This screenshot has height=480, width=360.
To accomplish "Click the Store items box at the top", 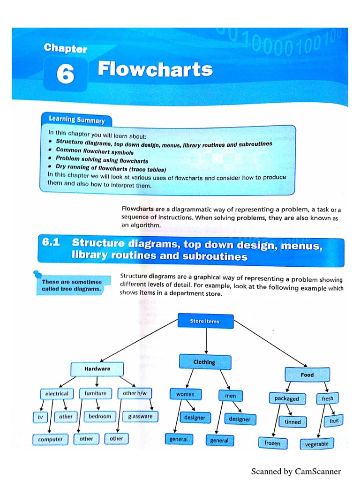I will pos(205,321).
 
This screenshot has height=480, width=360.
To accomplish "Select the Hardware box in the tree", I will pos(97,369).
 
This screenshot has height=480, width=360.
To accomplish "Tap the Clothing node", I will pos(205,362).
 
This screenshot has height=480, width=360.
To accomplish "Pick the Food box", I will pos(307,375).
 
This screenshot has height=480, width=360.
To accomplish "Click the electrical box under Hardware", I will pos(57,393).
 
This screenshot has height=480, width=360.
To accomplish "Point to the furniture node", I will pos(96,393).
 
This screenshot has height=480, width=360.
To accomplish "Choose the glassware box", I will pos(140,416).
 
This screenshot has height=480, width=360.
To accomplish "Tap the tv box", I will pos(40,416).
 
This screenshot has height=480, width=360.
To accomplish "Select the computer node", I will pos(50,439).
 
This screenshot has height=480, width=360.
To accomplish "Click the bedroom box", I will pos(100,416).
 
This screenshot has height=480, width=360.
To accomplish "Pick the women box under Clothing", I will pos(185,394).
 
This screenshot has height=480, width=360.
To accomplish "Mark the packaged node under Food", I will pos(287,398).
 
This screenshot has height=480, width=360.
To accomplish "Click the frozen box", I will pos(272,442).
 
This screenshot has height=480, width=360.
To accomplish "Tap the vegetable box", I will pos(316,444).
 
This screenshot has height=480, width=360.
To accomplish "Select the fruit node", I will pos(334,420).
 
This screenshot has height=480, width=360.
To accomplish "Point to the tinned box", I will pos(293,421).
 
